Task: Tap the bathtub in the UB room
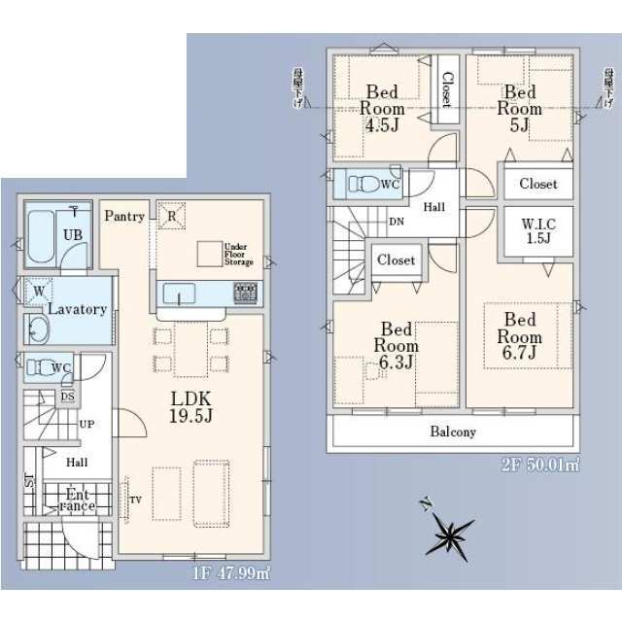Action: (42, 236)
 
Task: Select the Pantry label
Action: (124, 217)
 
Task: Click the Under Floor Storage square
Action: (209, 255)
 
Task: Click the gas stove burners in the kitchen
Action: (244, 293)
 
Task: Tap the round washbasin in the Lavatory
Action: (37, 330)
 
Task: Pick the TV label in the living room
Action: (135, 501)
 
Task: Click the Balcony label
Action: (453, 432)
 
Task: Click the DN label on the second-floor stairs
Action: (397, 222)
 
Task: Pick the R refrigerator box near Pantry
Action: (171, 216)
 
